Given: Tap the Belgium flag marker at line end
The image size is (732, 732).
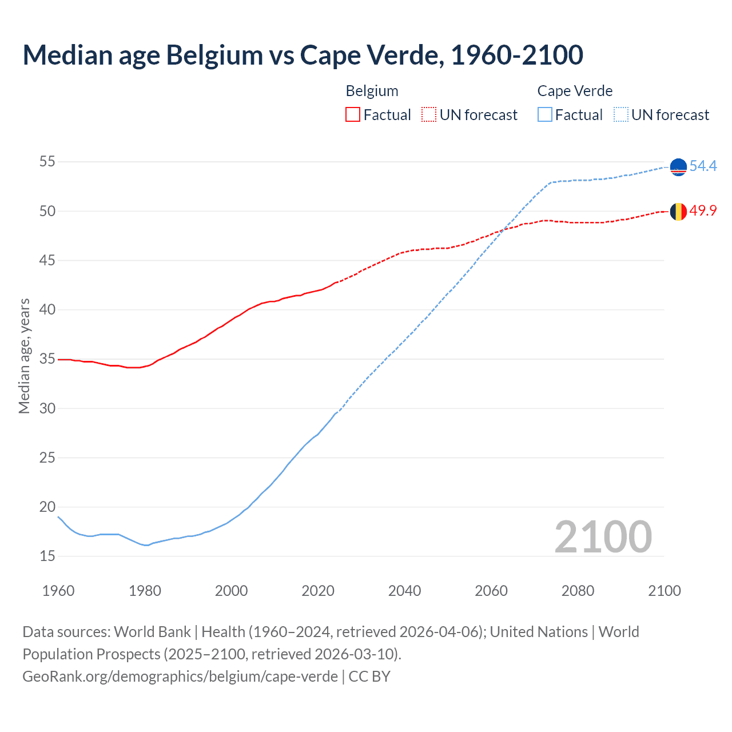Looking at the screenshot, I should coord(678,212).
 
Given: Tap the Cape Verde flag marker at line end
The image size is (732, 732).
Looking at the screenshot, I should coord(678,167).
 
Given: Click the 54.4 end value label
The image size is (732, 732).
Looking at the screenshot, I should coord(703,166).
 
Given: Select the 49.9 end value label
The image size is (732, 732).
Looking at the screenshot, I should coord(703,211).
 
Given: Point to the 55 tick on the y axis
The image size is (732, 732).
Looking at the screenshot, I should coord(47,162).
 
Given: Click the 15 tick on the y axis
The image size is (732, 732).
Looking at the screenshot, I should coord(47,556).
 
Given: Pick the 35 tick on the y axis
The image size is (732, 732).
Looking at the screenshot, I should coord(47,359).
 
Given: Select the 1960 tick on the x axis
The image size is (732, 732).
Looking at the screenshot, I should coord(58,591).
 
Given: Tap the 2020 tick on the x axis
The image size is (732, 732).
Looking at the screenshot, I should coord(318,591).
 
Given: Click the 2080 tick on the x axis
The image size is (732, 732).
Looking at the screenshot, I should coord(578,591).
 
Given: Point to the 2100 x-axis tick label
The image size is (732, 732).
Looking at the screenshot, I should coord(664,591).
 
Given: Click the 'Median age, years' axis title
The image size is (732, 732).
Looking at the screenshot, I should coord(25,356).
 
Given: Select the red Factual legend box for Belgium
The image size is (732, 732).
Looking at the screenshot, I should coord(353,115).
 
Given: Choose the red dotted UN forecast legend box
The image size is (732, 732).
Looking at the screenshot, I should coord(429,115).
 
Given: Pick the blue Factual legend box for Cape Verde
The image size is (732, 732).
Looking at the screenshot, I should coord(545,115).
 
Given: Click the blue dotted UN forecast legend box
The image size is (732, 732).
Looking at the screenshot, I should coord(621,115).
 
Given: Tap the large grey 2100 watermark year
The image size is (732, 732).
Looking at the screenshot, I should coord(603,537).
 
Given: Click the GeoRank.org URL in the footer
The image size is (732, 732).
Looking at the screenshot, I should coord(180,677).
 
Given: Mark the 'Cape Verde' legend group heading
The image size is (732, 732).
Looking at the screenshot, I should coord(575,91).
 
